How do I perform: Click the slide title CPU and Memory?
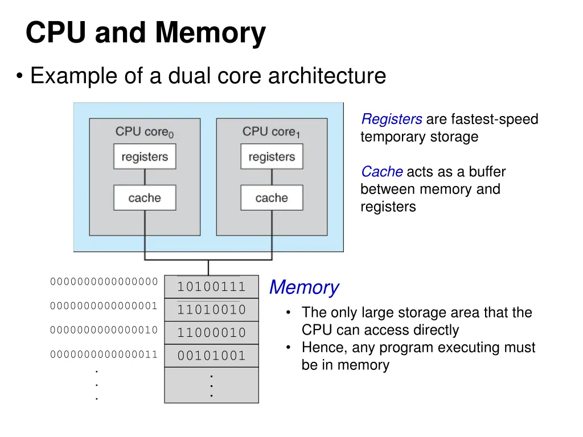click(145, 32)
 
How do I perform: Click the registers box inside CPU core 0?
click(145, 156)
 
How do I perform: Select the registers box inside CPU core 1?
click(272, 156)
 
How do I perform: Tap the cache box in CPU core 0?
click(145, 198)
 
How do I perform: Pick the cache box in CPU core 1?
click(272, 198)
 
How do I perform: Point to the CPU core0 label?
click(145, 132)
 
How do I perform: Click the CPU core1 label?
click(271, 132)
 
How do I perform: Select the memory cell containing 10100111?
click(211, 287)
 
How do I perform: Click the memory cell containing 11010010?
click(211, 310)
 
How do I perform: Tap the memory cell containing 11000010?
click(211, 333)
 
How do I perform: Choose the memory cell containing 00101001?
click(211, 356)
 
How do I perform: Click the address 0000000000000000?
click(104, 282)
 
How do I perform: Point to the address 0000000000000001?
click(104, 306)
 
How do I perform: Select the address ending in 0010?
click(104, 329)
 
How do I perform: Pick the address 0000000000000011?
click(104, 354)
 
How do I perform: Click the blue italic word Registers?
click(392, 119)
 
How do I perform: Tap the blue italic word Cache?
click(381, 172)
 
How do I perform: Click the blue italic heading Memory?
click(303, 287)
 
